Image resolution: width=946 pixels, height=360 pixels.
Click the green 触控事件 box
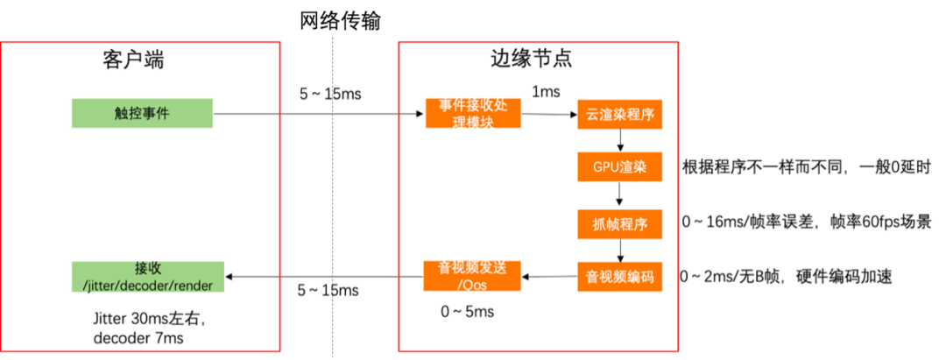142,113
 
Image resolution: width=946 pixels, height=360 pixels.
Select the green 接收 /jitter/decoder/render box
147,276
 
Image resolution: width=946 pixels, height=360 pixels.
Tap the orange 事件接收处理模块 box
472,113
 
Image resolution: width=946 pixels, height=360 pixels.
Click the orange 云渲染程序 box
619,115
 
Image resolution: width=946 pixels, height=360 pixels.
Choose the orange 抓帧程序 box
619,223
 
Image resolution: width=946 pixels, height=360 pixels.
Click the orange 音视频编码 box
619,277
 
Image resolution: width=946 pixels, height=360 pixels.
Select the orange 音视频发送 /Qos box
472,277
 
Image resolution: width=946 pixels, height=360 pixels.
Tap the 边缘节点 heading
531,60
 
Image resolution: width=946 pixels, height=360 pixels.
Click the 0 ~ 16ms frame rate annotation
806,222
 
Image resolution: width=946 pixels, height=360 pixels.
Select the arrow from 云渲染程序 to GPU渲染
619,140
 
